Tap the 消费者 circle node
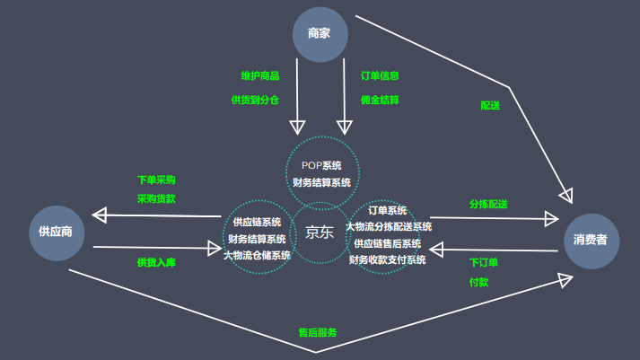tap(591, 241)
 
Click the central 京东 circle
tap(320, 232)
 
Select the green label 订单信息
tap(380, 76)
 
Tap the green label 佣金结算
tap(380, 100)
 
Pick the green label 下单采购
tap(156, 180)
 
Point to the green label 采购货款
tap(156, 198)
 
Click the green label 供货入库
tap(156, 262)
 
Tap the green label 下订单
tap(484, 262)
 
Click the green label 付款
tap(478, 282)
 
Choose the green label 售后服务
tap(318, 332)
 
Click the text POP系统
tap(321, 165)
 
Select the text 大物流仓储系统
tap(257, 255)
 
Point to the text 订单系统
tap(387, 210)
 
